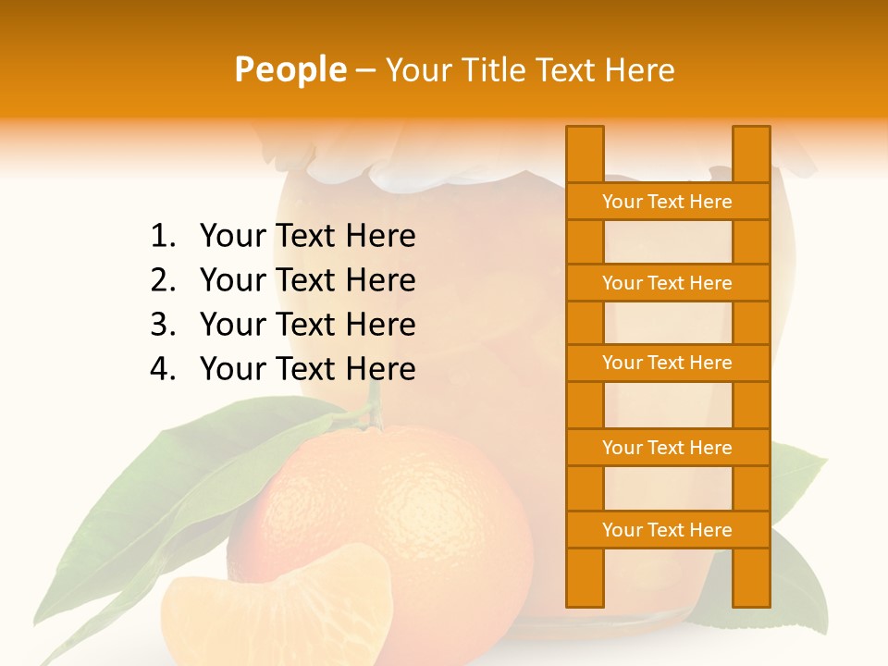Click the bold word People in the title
coord(290,69)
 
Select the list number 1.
coord(162,237)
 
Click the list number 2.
coord(162,280)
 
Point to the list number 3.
coord(162,325)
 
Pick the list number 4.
coord(162,369)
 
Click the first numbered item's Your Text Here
coord(307,237)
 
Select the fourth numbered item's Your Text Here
coord(307,369)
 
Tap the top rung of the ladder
coord(667,202)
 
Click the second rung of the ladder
coord(667,283)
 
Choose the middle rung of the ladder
coord(667,363)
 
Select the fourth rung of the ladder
coord(667,448)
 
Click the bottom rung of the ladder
coord(667,530)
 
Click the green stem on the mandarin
coord(375,412)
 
